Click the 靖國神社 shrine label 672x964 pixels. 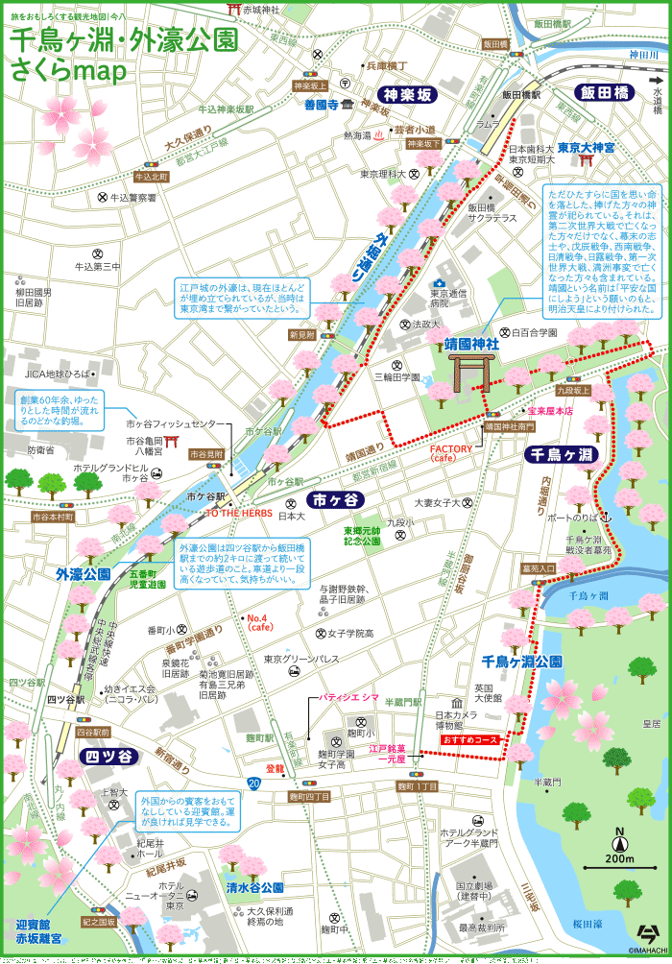point(471,343)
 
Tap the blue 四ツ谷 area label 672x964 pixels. point(108,756)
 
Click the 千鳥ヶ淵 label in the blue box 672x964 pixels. point(562,454)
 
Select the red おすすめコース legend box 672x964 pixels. point(470,740)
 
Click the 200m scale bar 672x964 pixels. point(620,857)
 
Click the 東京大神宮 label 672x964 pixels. point(586,149)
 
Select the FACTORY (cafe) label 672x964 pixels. point(451,453)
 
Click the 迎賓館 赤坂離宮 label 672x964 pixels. point(38,930)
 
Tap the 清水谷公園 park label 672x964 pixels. point(254,887)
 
